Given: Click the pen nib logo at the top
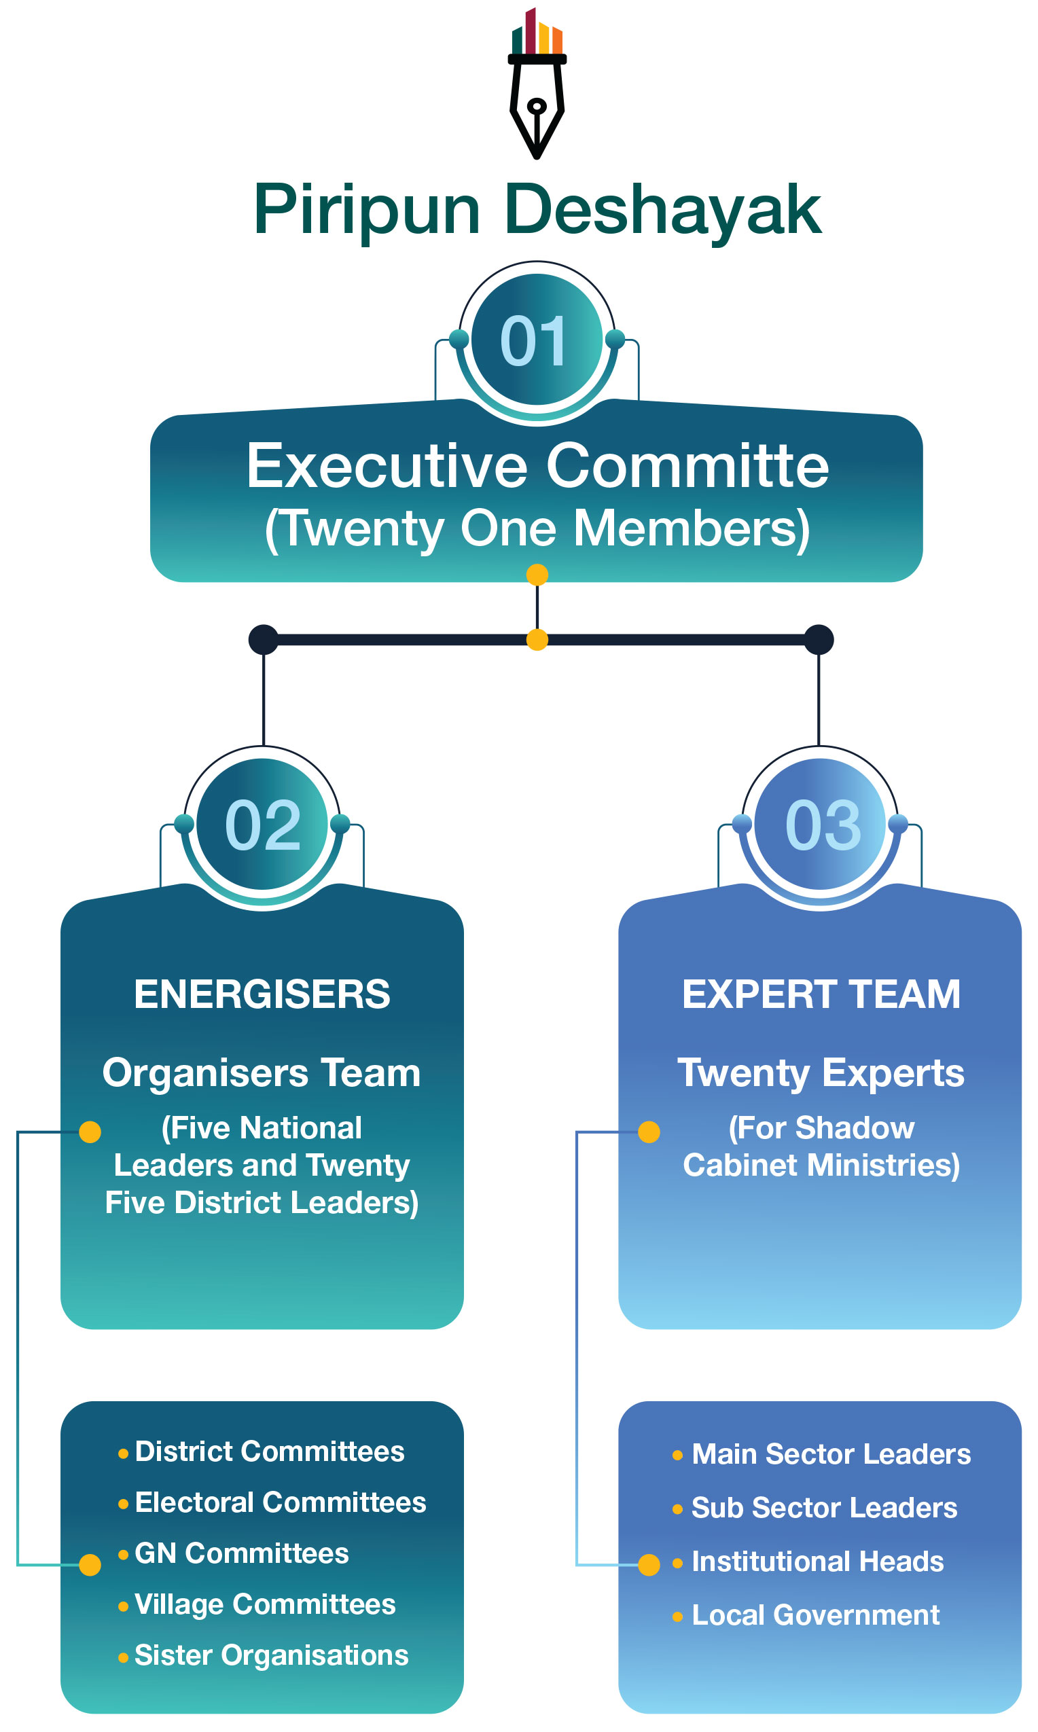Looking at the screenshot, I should (537, 84).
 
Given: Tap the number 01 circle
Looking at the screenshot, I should (537, 340).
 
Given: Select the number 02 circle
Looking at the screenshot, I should (262, 825).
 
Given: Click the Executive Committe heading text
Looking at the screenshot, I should (537, 466).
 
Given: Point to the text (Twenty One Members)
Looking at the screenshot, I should (537, 528).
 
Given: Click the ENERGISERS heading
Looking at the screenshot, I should (262, 994).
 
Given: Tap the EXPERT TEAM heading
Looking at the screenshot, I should (821, 994).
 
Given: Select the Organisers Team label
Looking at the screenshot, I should (262, 1072).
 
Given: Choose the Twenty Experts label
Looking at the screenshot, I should (821, 1072).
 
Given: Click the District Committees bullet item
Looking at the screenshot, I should (269, 1451).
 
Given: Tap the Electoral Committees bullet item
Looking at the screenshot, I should (280, 1502).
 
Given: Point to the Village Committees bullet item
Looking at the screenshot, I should (264, 1604).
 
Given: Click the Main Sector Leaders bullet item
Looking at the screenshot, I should (831, 1454).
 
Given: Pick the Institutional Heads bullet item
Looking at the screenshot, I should (817, 1562).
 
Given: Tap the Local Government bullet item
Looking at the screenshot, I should (815, 1615).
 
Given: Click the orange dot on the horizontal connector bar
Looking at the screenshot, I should (537, 640).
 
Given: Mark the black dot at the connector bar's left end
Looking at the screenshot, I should (264, 640).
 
